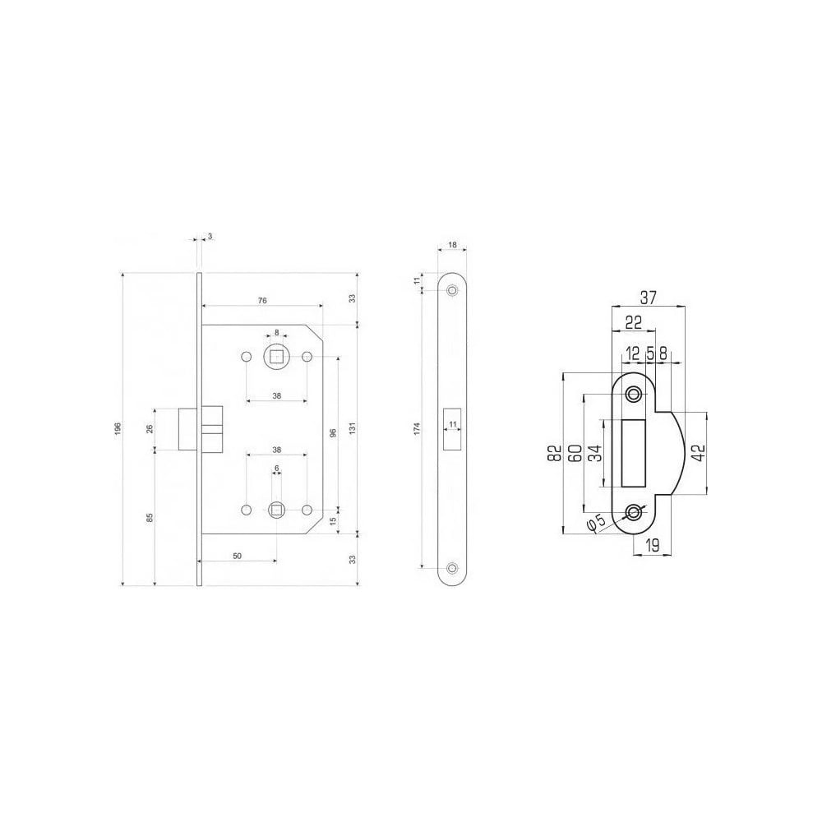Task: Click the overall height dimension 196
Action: [118, 428]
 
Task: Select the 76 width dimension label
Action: [262, 300]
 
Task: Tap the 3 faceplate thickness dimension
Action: [210, 237]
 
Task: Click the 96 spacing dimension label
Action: [333, 433]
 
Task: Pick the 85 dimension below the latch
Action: [150, 517]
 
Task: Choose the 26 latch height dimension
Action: [150, 428]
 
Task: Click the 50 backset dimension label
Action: [237, 556]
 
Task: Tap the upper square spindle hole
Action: [277, 357]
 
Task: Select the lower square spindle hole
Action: [276, 509]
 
